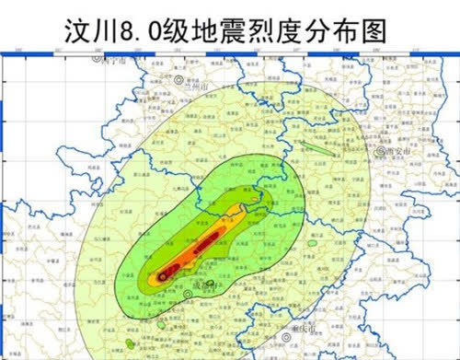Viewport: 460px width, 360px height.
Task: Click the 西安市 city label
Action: pyautogui.click(x=397, y=153)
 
